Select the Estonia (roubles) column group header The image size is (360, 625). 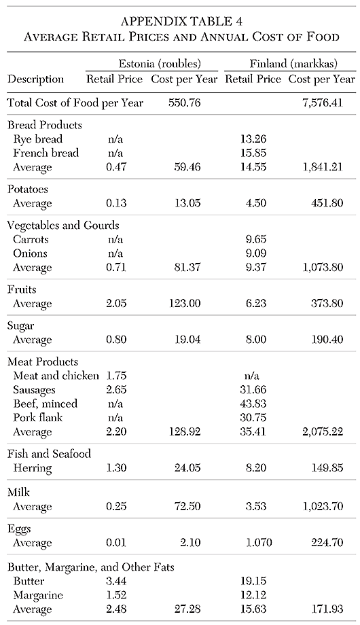pyautogui.click(x=151, y=65)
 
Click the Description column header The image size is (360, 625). pyautogui.click(x=36, y=79)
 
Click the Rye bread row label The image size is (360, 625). pyautogui.click(x=39, y=139)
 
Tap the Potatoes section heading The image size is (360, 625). pyautogui.click(x=29, y=190)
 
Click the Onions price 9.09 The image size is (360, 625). pyautogui.click(x=252, y=253)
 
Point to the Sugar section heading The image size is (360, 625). pyautogui.click(x=22, y=326)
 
